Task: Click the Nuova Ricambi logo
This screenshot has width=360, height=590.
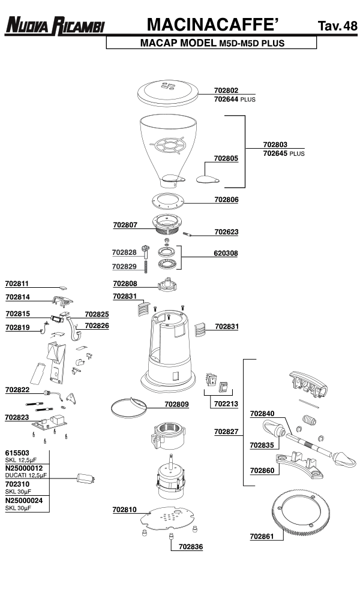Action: (55, 25)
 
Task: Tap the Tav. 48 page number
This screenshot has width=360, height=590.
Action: (337, 26)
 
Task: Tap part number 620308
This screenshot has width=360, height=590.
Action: (226, 254)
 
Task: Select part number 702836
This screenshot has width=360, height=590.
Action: (191, 547)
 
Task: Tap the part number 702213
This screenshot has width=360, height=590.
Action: (226, 405)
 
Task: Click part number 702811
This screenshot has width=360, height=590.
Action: (17, 283)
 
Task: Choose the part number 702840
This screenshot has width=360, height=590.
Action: (262, 414)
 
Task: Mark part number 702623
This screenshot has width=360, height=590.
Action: (226, 231)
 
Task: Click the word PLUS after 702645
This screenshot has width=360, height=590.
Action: (297, 153)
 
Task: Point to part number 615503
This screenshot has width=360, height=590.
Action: (18, 453)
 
